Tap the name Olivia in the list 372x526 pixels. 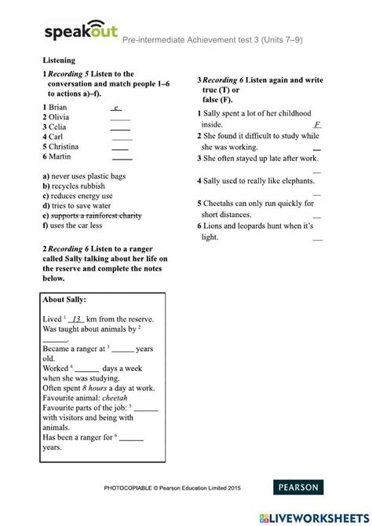click(60, 116)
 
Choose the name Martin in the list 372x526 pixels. click(60, 156)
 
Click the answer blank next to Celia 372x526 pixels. click(120, 128)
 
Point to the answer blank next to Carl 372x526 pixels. click(122, 138)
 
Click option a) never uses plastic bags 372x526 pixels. click(84, 176)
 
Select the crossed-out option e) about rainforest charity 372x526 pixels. click(92, 215)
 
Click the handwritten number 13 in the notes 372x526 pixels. click(76, 319)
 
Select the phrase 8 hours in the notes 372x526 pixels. click(96, 387)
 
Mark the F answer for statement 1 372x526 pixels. click(316, 125)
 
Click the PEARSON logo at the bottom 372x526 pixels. click(296, 487)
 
